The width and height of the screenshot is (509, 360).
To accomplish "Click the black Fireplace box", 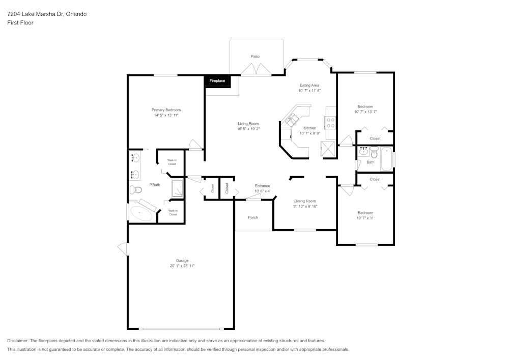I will pos(217,80).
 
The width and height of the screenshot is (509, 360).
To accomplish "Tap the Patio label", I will pos(255,57).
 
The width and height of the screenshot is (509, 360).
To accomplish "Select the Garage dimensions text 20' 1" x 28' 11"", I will pos(182,266).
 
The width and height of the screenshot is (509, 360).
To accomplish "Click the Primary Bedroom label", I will pos(166,110).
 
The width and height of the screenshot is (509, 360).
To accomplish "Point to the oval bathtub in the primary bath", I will pos(141,213).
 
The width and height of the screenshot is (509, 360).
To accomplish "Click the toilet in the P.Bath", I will pos(135,190).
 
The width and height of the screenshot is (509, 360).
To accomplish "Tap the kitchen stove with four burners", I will pos(330,123).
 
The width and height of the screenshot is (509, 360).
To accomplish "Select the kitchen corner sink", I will pos(292,121).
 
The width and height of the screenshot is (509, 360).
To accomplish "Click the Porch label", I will pos(253,217).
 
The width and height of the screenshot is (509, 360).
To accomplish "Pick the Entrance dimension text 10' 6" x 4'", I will pos(262,191).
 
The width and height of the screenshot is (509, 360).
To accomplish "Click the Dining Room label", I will pos(305,201).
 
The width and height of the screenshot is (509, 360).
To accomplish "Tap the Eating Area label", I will pos(309,85).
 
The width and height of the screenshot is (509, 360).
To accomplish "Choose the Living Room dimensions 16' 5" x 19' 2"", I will pos(248,129).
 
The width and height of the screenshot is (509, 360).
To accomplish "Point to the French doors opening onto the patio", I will pos(256,70).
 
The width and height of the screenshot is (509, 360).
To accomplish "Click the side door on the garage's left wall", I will pos(124,248).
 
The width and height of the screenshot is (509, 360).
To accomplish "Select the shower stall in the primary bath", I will pos(178,188).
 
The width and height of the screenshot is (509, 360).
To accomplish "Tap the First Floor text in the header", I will pos(20,23).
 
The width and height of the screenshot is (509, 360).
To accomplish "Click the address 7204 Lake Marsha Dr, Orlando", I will pos(47,14).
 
